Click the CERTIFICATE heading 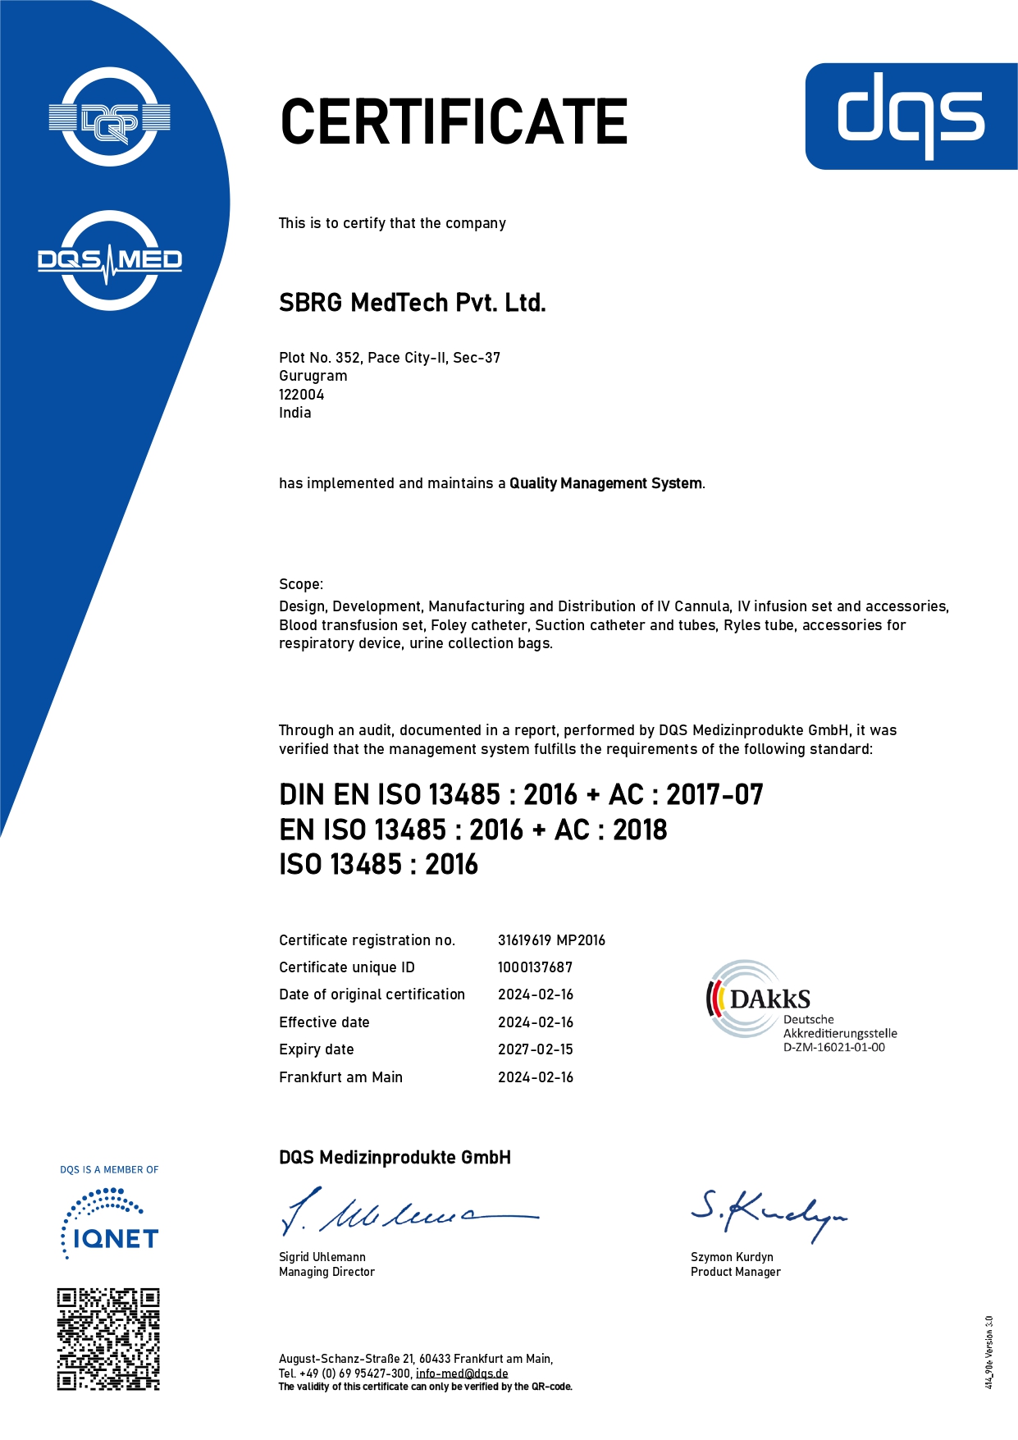(454, 122)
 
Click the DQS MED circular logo (110, 261)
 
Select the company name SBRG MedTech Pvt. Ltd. (412, 303)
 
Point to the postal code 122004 (301, 395)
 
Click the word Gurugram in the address (313, 376)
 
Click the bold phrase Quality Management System (605, 483)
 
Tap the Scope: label (301, 584)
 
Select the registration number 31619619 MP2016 (551, 940)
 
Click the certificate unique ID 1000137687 (535, 967)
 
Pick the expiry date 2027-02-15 (535, 1049)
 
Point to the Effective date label (324, 1022)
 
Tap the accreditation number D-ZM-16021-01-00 (833, 1048)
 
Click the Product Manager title (735, 1272)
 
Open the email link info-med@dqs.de (462, 1374)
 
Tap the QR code (108, 1339)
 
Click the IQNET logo (110, 1227)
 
